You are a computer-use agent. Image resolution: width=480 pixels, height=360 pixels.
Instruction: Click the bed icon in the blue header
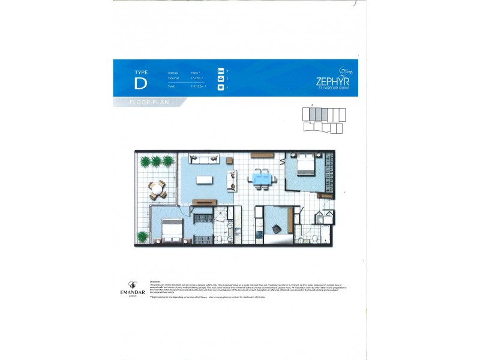220,72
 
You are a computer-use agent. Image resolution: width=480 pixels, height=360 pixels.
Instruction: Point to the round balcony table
157,190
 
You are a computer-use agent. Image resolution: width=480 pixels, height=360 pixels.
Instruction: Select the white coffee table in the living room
205,180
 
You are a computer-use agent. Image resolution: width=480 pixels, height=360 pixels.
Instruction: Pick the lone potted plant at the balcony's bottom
143,236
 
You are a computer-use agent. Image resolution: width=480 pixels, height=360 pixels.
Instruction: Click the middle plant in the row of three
157,161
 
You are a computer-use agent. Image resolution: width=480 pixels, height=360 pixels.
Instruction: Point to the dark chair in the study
277,229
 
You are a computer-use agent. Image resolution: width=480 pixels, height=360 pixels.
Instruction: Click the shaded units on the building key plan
319,113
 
